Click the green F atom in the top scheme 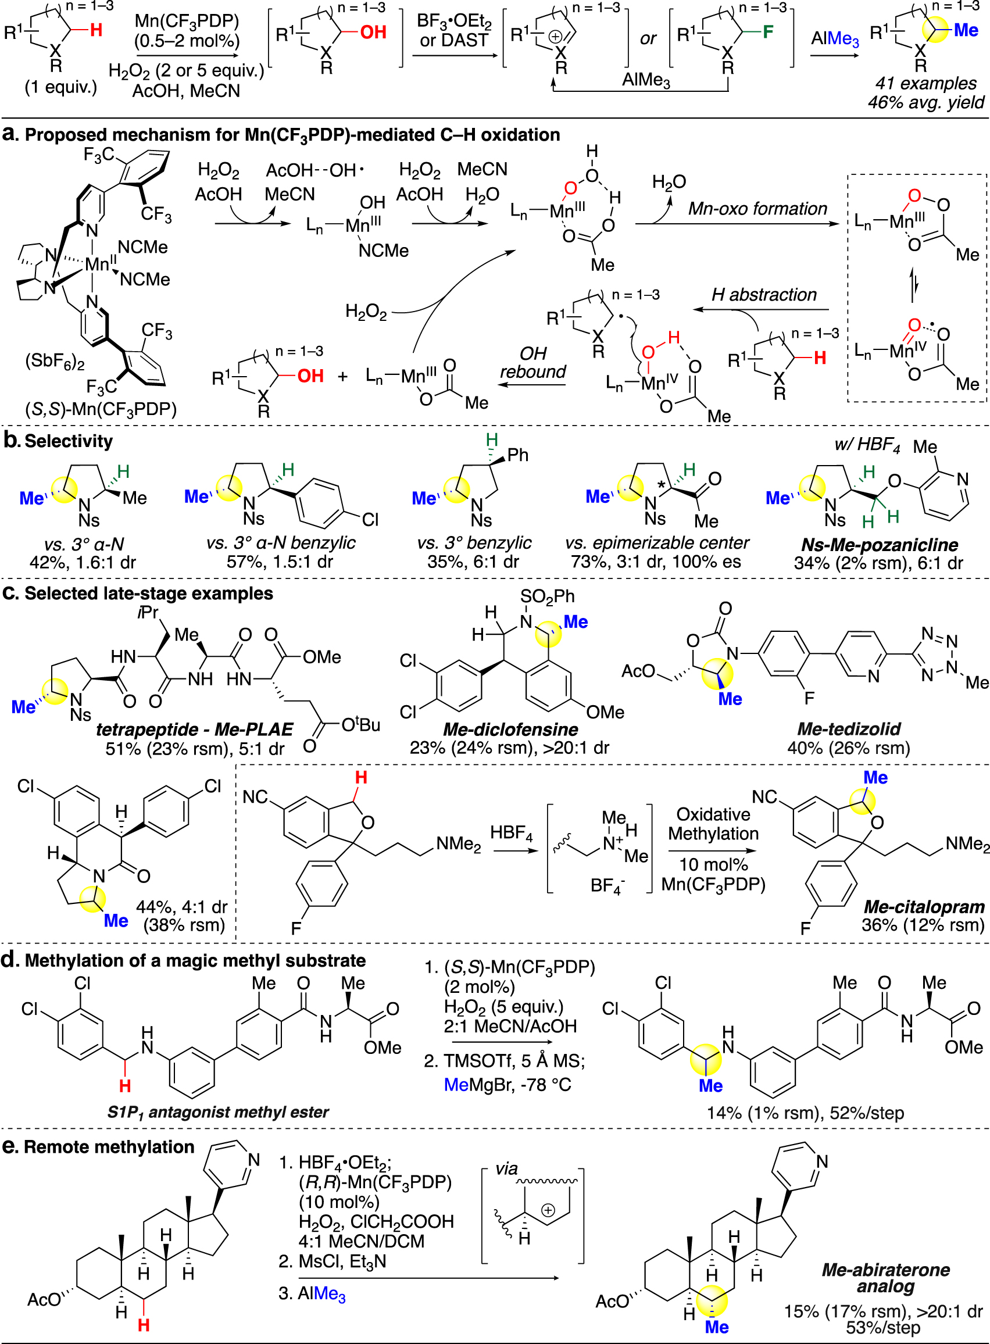point(768,31)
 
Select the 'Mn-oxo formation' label point(757,209)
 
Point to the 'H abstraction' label point(764,295)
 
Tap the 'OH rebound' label point(532,363)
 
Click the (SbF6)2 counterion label point(55,362)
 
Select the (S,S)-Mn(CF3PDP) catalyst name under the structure point(101,409)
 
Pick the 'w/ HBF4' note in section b point(867,445)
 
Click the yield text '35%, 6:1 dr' point(473,562)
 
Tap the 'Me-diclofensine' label point(510,729)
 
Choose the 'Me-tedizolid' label point(849,728)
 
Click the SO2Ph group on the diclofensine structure point(547,596)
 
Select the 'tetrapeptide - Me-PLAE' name point(194,729)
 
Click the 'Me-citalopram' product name point(924,907)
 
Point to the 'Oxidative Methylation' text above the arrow point(713,824)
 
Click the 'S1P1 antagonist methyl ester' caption point(218,1112)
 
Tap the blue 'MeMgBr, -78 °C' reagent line point(507,1085)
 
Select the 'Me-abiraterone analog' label point(885,1278)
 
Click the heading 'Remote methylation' point(109,1146)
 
